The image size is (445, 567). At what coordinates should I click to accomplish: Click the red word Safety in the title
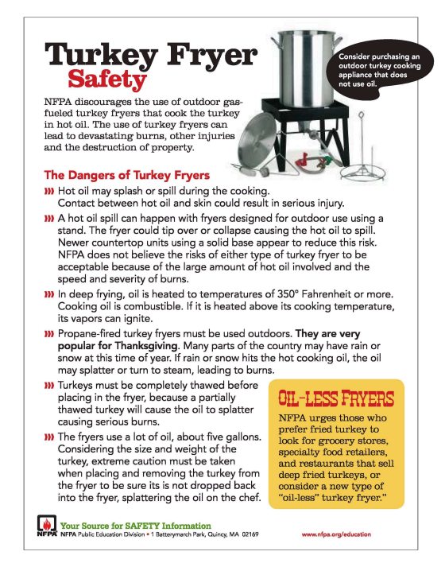pyautogui.click(x=107, y=79)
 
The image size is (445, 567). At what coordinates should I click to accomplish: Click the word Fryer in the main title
pyautogui.click(x=212, y=56)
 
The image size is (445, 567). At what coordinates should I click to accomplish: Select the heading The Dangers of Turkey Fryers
pyautogui.click(x=127, y=175)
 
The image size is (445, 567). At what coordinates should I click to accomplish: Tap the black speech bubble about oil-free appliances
pyautogui.click(x=379, y=69)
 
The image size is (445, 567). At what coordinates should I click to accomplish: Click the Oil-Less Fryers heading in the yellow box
pyautogui.click(x=336, y=398)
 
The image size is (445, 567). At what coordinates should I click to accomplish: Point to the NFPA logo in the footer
pyautogui.click(x=47, y=526)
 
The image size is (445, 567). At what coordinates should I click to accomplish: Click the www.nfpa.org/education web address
pyautogui.click(x=336, y=534)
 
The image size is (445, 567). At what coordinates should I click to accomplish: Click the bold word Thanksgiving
pyautogui.click(x=146, y=346)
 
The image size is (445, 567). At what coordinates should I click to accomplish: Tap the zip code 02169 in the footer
pyautogui.click(x=250, y=534)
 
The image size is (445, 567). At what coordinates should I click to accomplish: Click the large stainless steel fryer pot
pyautogui.click(x=306, y=68)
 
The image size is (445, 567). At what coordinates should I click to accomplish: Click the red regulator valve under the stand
pyautogui.click(x=304, y=161)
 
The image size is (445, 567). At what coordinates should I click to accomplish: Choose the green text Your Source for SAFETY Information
pyautogui.click(x=135, y=526)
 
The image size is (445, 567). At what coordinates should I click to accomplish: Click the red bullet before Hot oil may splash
pyautogui.click(x=49, y=191)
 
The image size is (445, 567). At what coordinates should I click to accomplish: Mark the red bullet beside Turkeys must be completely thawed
pyautogui.click(x=49, y=385)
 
